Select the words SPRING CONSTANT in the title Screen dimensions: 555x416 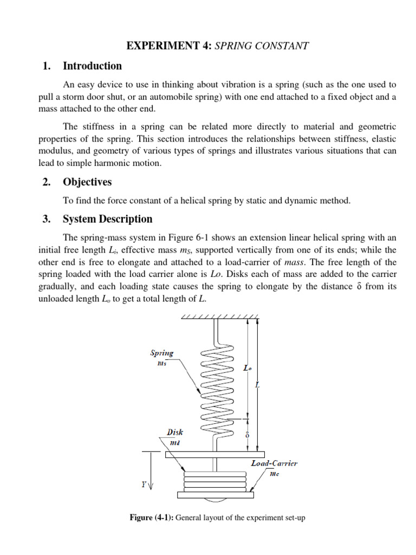[x=262, y=46]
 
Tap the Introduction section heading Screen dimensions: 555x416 [x=92, y=66]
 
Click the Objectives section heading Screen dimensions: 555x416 [x=87, y=182]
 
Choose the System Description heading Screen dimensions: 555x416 [x=107, y=219]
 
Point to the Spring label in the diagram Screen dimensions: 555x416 [x=161, y=353]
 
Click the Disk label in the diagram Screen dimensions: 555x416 [x=175, y=432]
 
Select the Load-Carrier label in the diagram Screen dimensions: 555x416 [x=274, y=463]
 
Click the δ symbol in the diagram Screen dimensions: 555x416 [x=247, y=435]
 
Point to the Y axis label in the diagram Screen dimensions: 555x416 [x=144, y=485]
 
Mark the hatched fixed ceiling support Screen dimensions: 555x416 [x=219, y=316]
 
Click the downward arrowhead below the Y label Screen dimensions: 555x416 [x=150, y=487]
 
